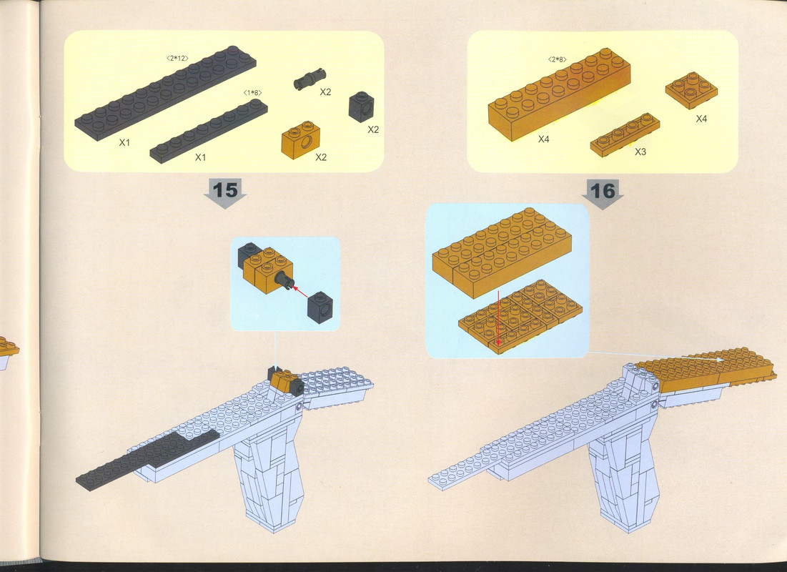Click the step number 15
point(225,190)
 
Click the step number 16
point(603,191)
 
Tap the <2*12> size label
point(177,58)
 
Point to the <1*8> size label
point(252,92)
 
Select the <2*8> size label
point(557,60)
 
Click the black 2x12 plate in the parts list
point(166,93)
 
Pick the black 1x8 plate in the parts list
point(209,131)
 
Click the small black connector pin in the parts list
point(310,80)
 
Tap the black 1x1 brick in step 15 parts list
point(362,107)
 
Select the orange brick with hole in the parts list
point(301,139)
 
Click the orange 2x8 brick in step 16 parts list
point(559,94)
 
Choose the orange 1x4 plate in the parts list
point(625,134)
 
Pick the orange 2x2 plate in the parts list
point(691,90)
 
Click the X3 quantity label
point(640,152)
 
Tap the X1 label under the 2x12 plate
point(124,142)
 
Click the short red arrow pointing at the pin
point(300,291)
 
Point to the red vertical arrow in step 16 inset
point(498,317)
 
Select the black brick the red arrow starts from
point(320,305)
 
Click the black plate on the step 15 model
point(148,460)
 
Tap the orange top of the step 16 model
point(706,372)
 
